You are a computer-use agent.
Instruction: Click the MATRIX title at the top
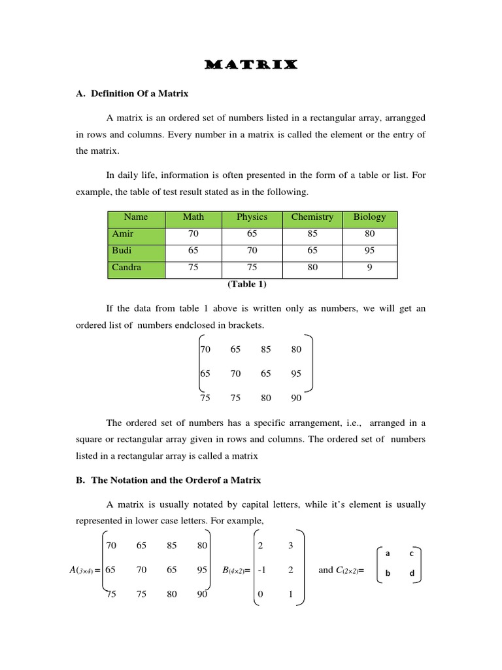[x=251, y=65]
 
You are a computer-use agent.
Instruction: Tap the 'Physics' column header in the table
[x=252, y=217]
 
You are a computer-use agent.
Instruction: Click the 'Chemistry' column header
[x=312, y=217]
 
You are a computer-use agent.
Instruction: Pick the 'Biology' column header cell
[x=369, y=217]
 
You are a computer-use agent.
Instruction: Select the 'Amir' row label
[x=122, y=234]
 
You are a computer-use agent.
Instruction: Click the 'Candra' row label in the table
[x=126, y=267]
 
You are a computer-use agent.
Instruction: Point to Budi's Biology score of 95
[x=369, y=251]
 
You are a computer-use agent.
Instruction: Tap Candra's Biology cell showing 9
[x=369, y=267]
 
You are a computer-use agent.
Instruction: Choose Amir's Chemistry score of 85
[x=312, y=234]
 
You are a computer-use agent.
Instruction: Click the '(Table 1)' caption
[x=246, y=285]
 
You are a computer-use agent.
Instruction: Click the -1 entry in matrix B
[x=261, y=570]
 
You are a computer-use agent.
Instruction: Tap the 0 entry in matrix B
[x=261, y=595]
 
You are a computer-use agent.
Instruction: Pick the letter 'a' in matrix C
[x=388, y=554]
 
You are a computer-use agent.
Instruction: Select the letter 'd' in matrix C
[x=412, y=574]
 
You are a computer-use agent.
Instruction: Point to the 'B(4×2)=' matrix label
[x=236, y=571]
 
